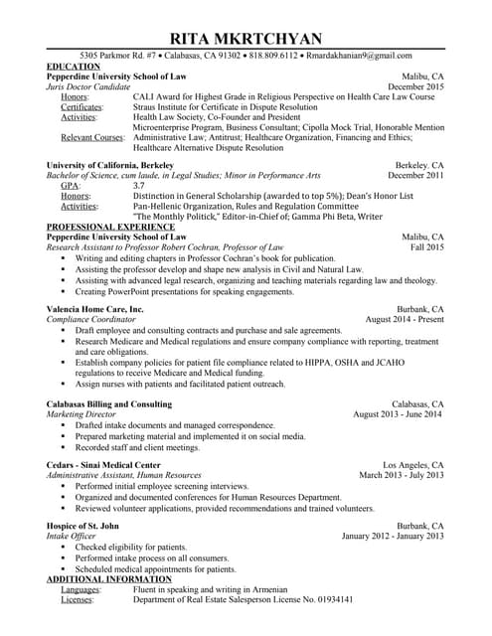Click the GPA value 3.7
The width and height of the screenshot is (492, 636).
pos(138,186)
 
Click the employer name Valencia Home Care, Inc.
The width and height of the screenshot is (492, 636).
pos(94,310)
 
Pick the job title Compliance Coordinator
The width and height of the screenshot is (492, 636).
pos(92,320)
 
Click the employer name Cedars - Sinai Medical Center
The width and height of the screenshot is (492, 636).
pos(103,465)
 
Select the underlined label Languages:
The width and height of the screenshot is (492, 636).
pos(81,589)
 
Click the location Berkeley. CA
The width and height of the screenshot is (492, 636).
pos(419,164)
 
